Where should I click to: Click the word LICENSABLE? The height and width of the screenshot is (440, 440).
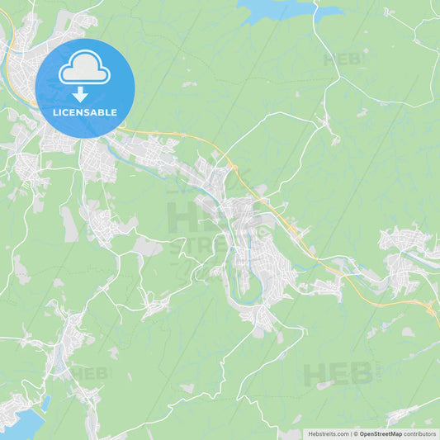(x=84, y=111)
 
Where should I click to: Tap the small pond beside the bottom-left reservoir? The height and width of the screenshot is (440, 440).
(x=45, y=403)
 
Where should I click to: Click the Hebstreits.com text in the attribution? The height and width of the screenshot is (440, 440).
(x=328, y=433)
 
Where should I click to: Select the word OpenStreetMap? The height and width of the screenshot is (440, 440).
(x=379, y=433)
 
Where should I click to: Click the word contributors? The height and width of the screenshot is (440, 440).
(x=420, y=433)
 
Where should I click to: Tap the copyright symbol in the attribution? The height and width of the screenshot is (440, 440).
(x=356, y=433)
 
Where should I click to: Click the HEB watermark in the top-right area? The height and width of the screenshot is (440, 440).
(x=343, y=59)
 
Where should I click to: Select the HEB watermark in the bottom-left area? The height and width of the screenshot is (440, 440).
(x=89, y=373)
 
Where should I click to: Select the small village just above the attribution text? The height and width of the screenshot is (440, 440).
(x=405, y=415)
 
